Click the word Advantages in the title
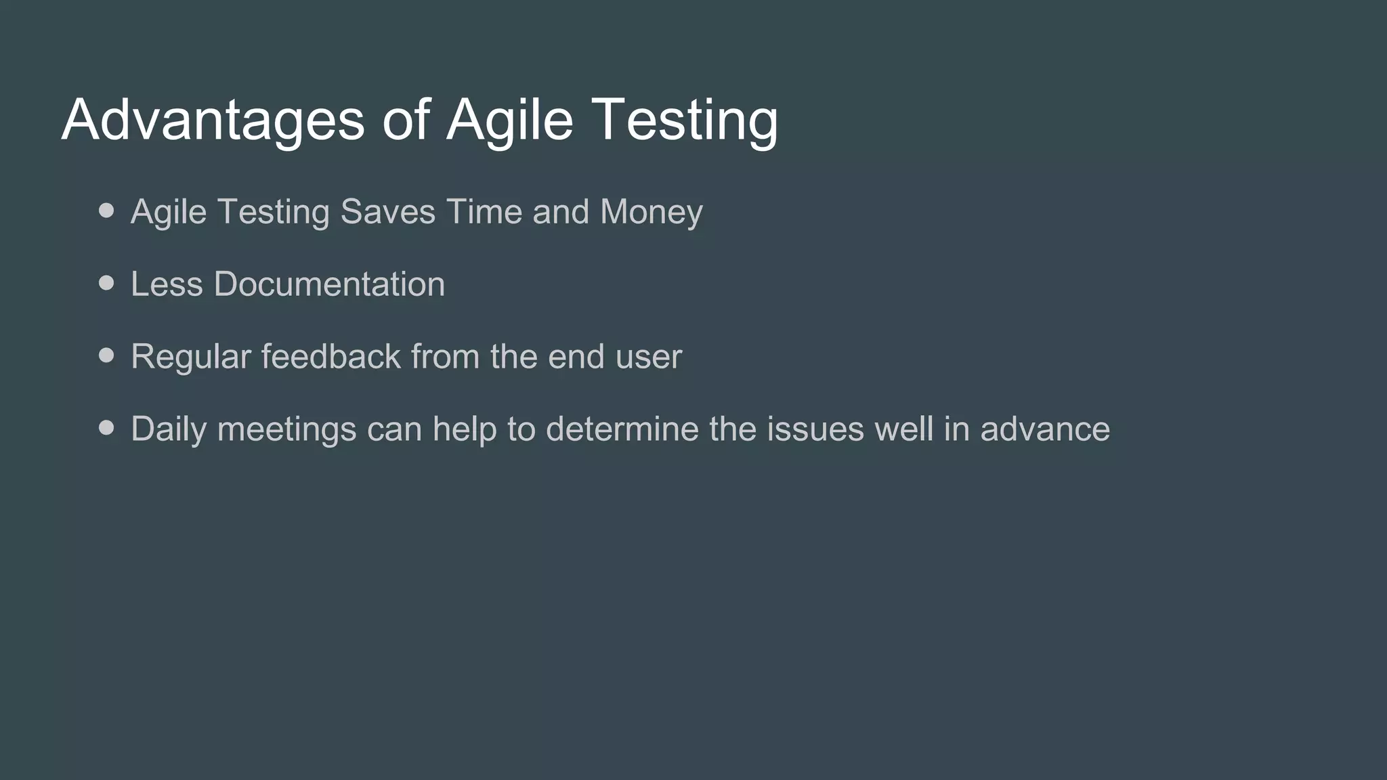[213, 119]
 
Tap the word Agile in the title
[509, 119]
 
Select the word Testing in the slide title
[685, 119]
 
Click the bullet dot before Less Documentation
[106, 283]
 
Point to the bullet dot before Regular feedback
[106, 355]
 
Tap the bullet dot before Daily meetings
[106, 428]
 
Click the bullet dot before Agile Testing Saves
[106, 211]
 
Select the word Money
[651, 212]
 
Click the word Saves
[387, 212]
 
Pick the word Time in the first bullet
[484, 212]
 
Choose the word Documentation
[329, 284]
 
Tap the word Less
[167, 284]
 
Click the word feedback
[331, 356]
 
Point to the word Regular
[191, 357]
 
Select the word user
[648, 357]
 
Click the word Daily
[168, 429]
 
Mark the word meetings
[286, 429]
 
